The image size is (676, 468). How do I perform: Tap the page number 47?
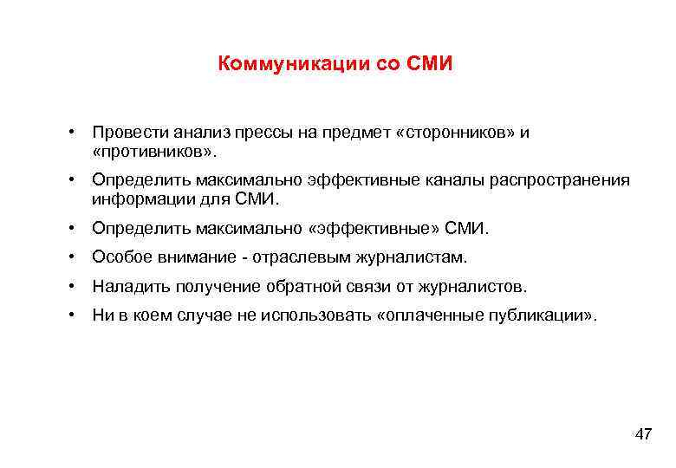click(643, 434)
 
